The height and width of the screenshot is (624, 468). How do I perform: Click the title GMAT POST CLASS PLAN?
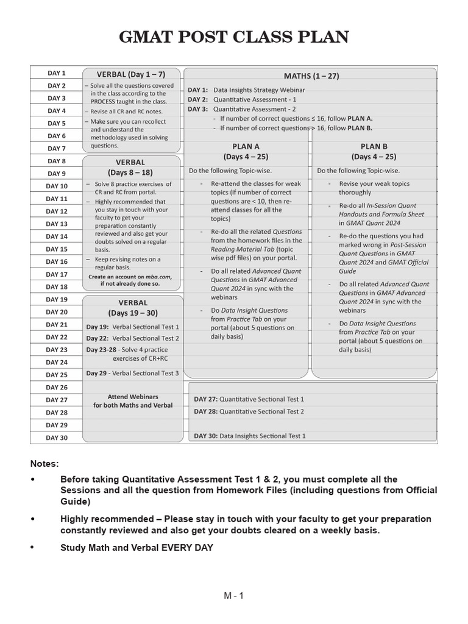pyautogui.click(x=234, y=37)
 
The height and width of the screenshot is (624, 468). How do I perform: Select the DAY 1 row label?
pyautogui.click(x=56, y=73)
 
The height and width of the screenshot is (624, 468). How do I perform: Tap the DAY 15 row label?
pyautogui.click(x=56, y=249)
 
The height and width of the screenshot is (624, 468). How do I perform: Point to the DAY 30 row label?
pyautogui.click(x=56, y=438)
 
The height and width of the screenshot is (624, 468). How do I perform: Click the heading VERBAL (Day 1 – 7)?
pyautogui.click(x=130, y=74)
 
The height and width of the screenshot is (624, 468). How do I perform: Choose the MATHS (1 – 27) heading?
pyautogui.click(x=311, y=76)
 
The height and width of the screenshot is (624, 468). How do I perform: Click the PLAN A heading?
pyautogui.click(x=246, y=147)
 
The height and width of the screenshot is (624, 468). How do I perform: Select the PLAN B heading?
pyautogui.click(x=374, y=147)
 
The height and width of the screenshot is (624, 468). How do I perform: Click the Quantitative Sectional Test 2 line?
pyautogui.click(x=249, y=412)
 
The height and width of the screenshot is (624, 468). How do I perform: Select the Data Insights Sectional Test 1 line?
pyautogui.click(x=250, y=436)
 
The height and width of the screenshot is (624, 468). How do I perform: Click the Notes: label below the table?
pyautogui.click(x=45, y=464)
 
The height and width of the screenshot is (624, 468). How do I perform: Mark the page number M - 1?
pyautogui.click(x=233, y=596)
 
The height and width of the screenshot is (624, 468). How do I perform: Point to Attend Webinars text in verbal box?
pyautogui.click(x=132, y=397)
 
